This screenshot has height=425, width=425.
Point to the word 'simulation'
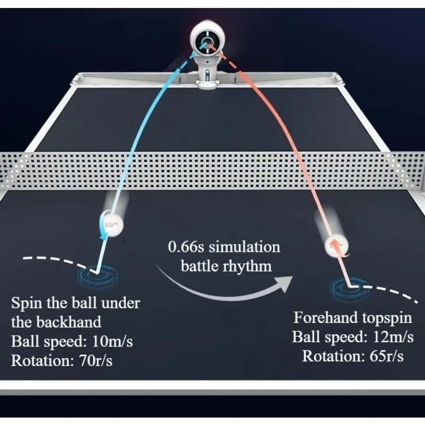pyautogui.click(x=245, y=247)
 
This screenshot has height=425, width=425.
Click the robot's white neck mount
pyautogui.click(x=208, y=72)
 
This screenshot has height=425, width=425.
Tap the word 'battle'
pyautogui.click(x=199, y=265)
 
